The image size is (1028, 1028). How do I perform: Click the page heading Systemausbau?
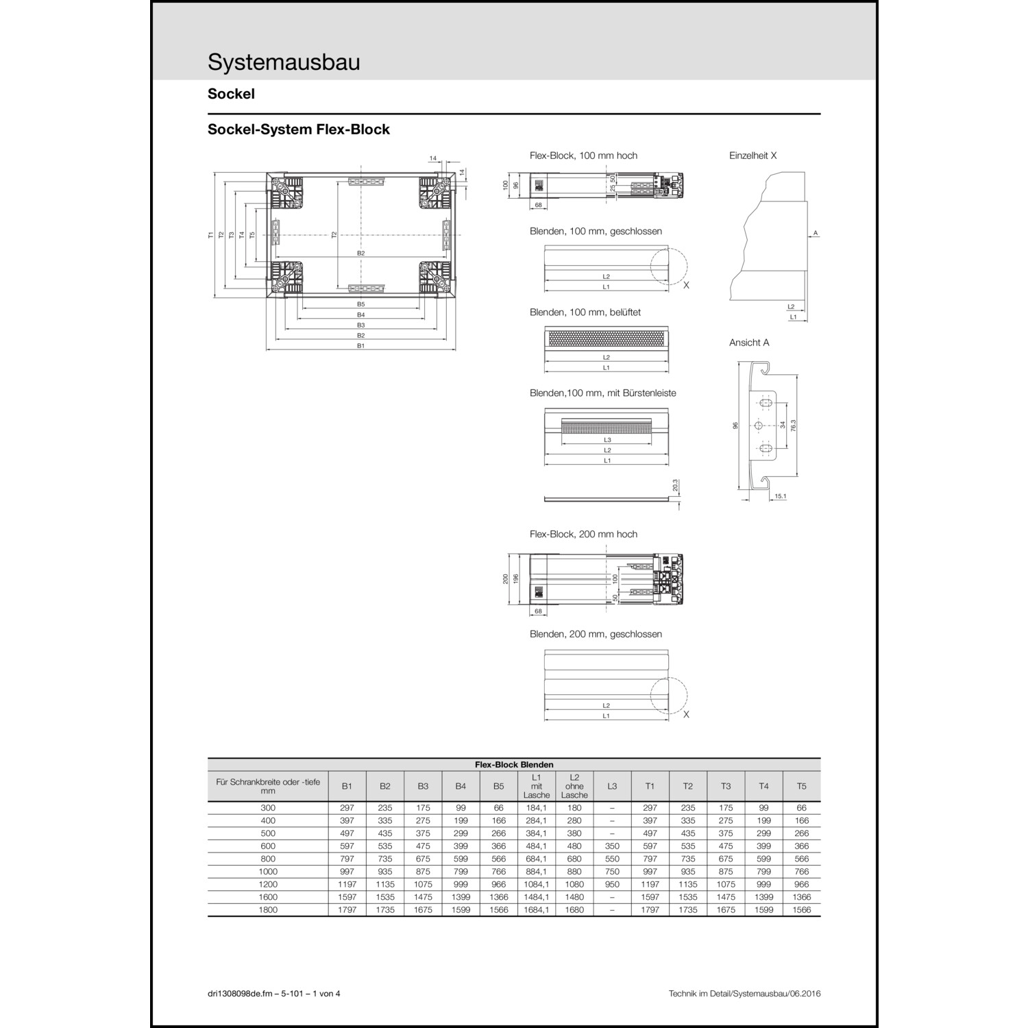(x=284, y=62)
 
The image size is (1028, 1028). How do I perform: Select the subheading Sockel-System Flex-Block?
(x=298, y=130)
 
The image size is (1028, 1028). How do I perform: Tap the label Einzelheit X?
(x=752, y=156)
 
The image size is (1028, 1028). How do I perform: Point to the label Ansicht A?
(x=748, y=343)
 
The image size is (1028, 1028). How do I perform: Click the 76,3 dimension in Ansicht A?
(x=793, y=426)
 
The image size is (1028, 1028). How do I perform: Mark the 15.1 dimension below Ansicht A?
(x=780, y=496)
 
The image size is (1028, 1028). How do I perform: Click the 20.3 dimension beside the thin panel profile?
(x=675, y=486)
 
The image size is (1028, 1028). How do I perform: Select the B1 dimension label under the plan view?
(x=360, y=346)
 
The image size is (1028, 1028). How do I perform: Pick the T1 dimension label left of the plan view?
(x=211, y=235)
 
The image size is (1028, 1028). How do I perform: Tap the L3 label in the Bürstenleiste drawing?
(x=607, y=440)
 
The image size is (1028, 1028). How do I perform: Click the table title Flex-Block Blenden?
(x=514, y=764)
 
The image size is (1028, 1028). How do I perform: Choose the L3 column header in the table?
(x=612, y=786)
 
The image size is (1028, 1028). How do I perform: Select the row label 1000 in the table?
(x=268, y=872)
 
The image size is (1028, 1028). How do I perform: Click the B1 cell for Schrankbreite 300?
(x=347, y=808)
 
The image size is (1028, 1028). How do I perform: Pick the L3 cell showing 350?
(x=612, y=846)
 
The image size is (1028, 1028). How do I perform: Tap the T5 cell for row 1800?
(x=801, y=910)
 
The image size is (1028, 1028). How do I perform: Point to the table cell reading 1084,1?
(x=536, y=885)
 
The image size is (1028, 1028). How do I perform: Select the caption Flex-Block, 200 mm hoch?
(x=583, y=535)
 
